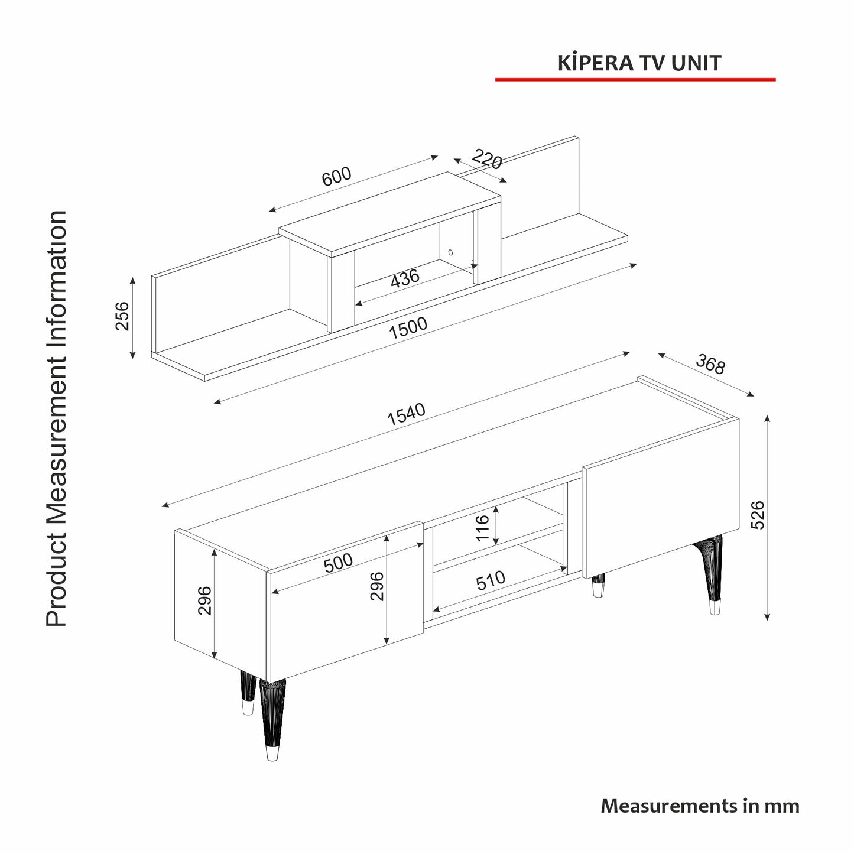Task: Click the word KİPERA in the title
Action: (x=596, y=63)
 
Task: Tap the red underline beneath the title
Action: (x=635, y=80)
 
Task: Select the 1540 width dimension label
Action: (x=407, y=414)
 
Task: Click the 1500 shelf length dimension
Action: (x=408, y=327)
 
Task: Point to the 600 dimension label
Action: (x=336, y=176)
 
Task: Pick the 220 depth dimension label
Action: (x=487, y=159)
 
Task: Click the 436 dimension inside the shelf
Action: (x=405, y=278)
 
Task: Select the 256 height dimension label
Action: (x=122, y=316)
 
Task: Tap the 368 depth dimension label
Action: (x=710, y=364)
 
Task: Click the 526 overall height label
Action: (x=758, y=515)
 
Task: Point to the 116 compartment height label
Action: (x=482, y=528)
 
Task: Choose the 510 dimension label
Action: (x=491, y=581)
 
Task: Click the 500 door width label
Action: (x=338, y=563)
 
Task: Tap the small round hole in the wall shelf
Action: (x=451, y=252)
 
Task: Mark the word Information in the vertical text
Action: (x=57, y=275)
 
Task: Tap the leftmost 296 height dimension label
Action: (x=204, y=601)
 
